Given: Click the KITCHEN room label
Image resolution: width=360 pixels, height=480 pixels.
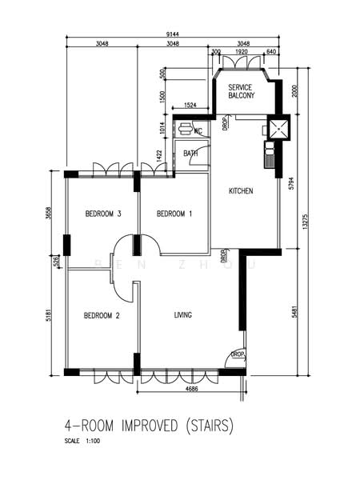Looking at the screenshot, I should pos(241,191).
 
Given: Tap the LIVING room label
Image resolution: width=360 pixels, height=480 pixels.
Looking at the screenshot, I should pos(183,315).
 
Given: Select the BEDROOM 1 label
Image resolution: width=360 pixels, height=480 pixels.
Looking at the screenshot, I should pos(174,214).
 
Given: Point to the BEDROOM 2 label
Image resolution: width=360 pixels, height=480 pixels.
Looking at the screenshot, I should pos(102,316).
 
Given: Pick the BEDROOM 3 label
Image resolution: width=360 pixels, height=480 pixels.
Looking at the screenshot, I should pos(102,214).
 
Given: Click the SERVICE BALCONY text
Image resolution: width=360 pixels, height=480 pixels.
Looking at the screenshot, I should pos(241,91).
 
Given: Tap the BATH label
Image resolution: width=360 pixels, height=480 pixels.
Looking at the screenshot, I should pos(190,154).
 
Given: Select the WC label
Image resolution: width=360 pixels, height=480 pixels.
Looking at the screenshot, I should pos(198,130).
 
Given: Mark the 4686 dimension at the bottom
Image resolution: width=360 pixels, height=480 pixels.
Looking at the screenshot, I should pos(190,389).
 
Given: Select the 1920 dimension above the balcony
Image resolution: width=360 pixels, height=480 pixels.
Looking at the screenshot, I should pos(243,51).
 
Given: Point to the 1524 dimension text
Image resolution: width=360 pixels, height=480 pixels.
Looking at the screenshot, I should pos(190,105).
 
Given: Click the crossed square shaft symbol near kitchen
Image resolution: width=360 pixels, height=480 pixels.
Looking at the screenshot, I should pos(276,129).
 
